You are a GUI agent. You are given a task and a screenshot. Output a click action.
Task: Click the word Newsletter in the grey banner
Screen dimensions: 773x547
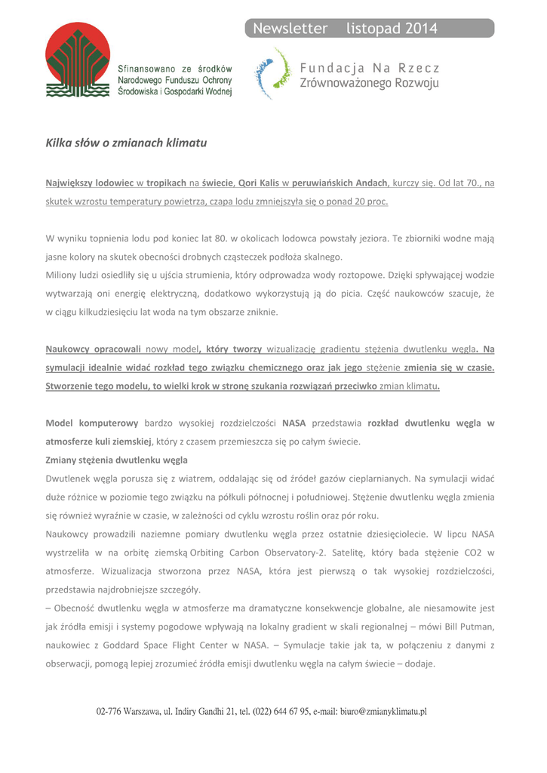pos(290,29)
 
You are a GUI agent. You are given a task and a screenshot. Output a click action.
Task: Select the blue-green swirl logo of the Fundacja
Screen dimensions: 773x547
pos(272,73)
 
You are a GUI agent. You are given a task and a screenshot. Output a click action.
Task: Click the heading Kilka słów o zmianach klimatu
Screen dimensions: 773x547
pos(126,142)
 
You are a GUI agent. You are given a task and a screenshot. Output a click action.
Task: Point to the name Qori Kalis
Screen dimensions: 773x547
pos(259,183)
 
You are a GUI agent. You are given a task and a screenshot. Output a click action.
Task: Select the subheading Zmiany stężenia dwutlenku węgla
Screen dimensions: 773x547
pos(117,460)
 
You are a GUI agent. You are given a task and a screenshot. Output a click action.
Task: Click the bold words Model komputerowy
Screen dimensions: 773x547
pos(92,423)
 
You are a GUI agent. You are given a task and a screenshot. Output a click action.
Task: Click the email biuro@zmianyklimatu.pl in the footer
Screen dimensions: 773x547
pos(383,711)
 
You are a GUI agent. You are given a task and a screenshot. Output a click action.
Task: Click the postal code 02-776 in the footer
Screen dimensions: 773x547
pos(111,711)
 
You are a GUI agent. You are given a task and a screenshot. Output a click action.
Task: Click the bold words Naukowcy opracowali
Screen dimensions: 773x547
pos(94,350)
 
